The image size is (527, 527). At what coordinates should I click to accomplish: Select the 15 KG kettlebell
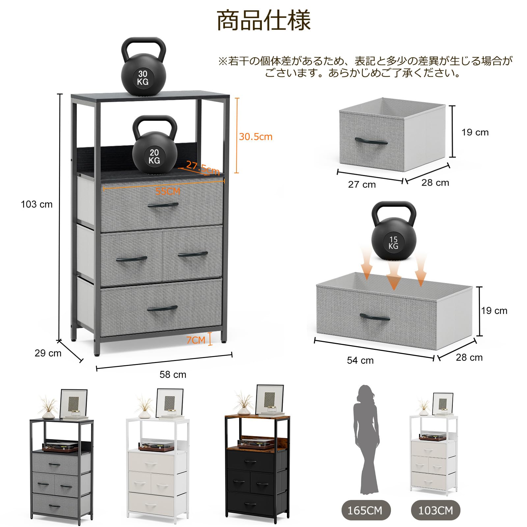click(394, 232)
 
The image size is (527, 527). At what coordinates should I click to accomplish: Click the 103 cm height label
click(37, 204)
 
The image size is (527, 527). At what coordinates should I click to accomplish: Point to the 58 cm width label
click(173, 374)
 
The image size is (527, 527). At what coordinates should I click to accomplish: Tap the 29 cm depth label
click(48, 353)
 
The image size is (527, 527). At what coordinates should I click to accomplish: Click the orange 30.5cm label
click(256, 137)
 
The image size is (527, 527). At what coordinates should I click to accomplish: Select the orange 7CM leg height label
click(196, 340)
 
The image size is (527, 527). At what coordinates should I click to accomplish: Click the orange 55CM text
click(168, 191)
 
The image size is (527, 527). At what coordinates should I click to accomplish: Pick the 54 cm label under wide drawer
click(360, 360)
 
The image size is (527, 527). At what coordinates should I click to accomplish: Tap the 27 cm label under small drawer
click(362, 184)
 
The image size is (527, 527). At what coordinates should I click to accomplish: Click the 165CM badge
click(365, 510)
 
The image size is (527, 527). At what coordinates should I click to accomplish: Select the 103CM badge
click(435, 510)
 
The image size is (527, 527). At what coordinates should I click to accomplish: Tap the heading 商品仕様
click(263, 20)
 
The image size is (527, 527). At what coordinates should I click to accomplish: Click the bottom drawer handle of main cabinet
click(162, 309)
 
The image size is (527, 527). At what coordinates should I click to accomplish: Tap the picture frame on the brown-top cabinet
click(269, 399)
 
